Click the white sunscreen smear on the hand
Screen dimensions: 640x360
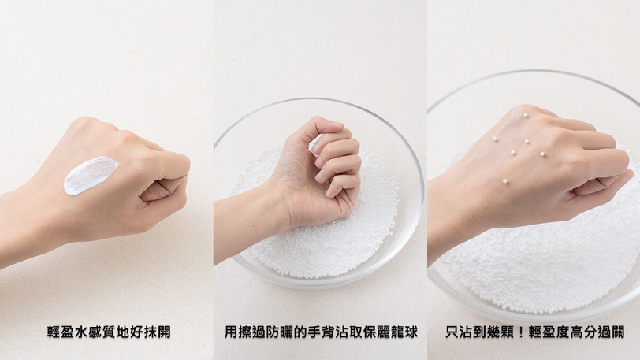[x=90, y=175]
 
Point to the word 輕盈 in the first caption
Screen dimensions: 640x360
[x=61, y=332]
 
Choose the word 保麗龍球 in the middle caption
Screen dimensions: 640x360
[x=391, y=332]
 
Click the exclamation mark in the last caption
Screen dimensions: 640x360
[x=520, y=332]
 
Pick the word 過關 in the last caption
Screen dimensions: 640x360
[x=611, y=332]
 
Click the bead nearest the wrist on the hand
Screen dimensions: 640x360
[x=505, y=181]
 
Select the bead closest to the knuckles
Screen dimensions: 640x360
[x=542, y=154]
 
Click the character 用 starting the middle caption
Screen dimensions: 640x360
[x=232, y=332]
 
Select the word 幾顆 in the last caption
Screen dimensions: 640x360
[x=500, y=332]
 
